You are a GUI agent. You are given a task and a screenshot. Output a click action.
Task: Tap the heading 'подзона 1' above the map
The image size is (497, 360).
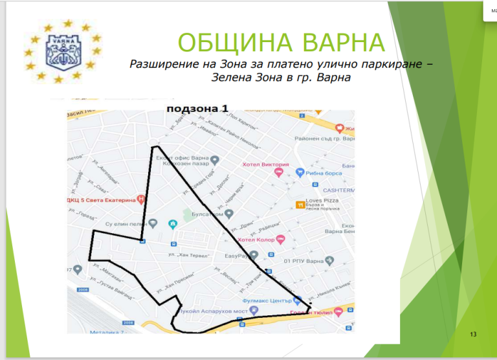click(197, 109)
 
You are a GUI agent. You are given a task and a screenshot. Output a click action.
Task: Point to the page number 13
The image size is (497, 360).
click(473, 334)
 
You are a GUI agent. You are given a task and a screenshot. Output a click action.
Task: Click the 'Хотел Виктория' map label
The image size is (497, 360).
click(265, 164)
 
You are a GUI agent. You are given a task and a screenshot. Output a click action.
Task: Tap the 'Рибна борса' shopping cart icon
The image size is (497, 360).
click(300, 172)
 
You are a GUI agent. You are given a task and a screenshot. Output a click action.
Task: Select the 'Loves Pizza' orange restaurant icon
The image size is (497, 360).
click(300, 205)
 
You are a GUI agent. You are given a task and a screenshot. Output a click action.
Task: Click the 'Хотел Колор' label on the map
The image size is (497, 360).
click(256, 240)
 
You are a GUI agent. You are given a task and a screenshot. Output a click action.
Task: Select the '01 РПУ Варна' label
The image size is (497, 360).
click(304, 261)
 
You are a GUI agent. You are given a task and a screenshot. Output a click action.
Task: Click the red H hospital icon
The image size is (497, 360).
click(141, 200)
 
